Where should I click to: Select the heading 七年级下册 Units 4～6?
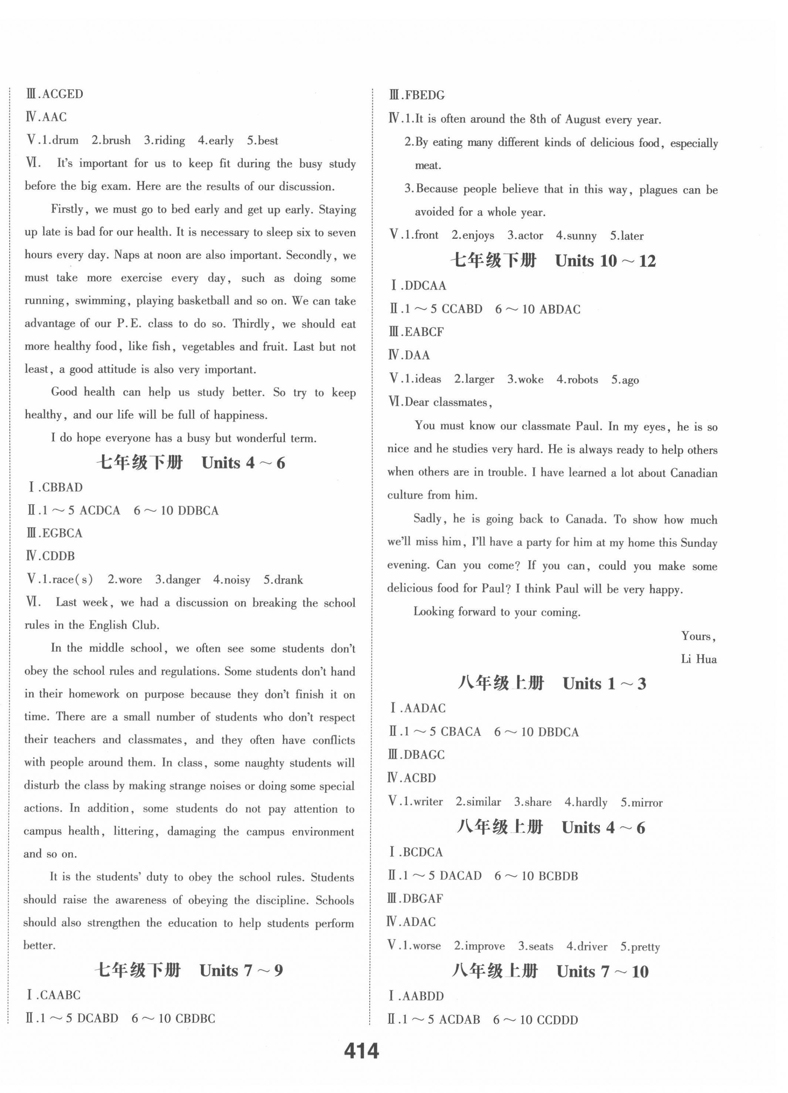pos(190,463)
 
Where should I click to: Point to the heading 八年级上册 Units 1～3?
pos(551,683)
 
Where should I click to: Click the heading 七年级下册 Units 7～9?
pos(189,970)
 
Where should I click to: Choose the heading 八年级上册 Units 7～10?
pos(550,971)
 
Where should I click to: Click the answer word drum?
pos(65,141)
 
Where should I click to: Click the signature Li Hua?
pos(698,659)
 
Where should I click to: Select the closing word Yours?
pos(698,637)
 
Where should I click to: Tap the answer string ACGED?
pos(63,94)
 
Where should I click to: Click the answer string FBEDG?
pos(424,96)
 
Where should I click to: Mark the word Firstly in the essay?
pos(68,210)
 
